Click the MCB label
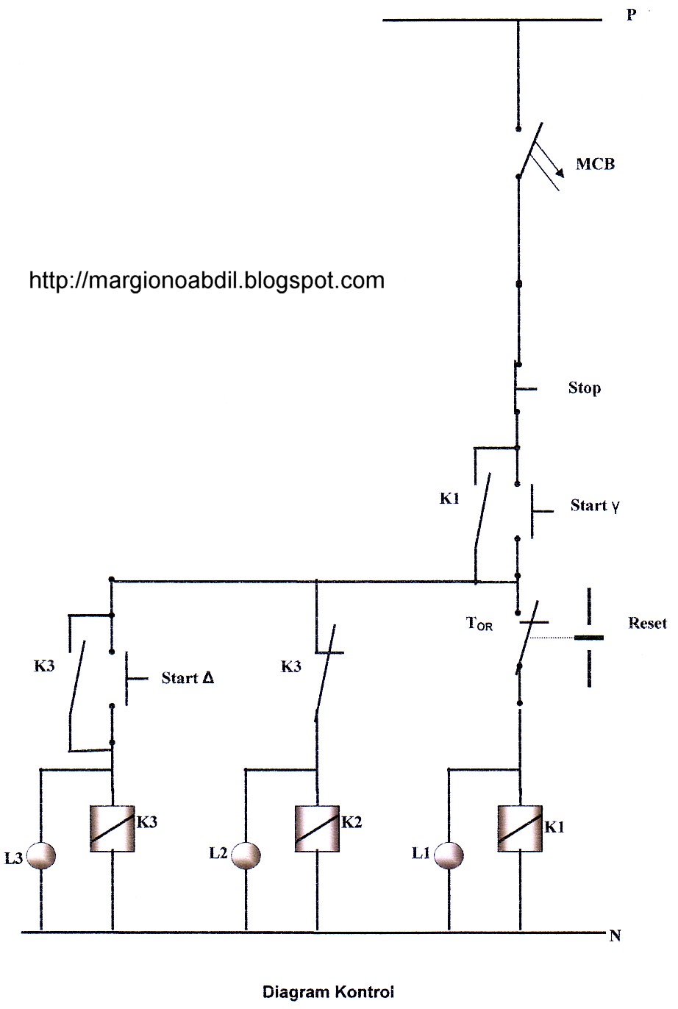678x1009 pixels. click(x=594, y=164)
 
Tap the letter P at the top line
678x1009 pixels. click(x=631, y=14)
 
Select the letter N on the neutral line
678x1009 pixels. click(x=615, y=936)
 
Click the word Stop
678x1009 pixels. click(x=584, y=388)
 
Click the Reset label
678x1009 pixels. click(x=647, y=623)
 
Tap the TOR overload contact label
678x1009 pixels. click(x=479, y=624)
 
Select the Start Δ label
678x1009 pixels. click(x=188, y=678)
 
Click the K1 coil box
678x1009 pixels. click(x=520, y=828)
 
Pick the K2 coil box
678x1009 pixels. click(x=317, y=828)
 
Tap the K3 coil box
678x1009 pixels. click(x=112, y=828)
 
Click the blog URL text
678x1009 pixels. click(x=207, y=280)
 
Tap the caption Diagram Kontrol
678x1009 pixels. click(x=328, y=991)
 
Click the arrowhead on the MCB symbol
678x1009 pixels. click(x=560, y=173)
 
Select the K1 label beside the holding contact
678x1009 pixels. click(x=449, y=499)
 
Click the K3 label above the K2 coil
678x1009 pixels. click(x=291, y=667)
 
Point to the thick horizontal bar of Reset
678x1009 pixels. click(x=589, y=637)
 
